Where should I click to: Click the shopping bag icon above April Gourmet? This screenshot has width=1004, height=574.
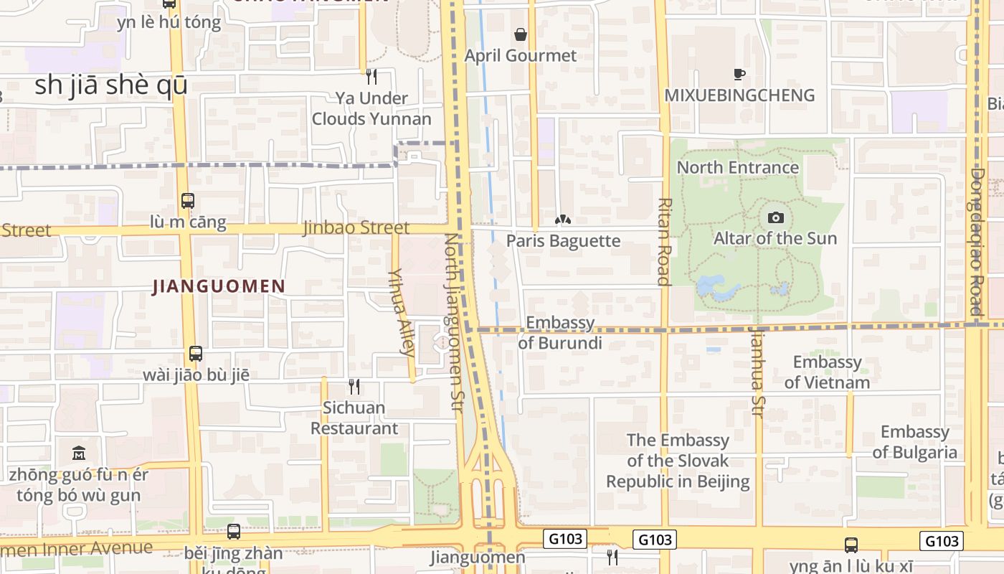click(520, 34)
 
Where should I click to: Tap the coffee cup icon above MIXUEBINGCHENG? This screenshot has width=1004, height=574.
click(739, 74)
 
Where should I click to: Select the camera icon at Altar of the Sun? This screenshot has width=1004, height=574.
click(775, 217)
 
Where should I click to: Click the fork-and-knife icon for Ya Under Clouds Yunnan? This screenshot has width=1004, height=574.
click(371, 76)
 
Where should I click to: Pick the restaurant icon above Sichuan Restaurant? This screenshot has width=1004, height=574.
click(354, 387)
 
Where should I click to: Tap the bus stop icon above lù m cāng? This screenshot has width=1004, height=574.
click(188, 201)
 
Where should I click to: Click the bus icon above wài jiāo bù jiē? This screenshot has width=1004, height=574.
click(196, 353)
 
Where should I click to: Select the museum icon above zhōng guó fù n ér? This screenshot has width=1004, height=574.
click(79, 453)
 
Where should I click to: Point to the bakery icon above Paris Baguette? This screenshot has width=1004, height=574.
click(563, 219)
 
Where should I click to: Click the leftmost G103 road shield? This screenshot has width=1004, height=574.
click(565, 539)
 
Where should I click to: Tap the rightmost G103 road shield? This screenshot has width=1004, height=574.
click(941, 540)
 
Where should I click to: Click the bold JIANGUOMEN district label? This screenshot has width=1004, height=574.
click(219, 286)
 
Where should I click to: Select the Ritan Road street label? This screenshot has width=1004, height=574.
click(664, 241)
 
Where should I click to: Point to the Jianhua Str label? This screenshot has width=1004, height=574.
click(757, 372)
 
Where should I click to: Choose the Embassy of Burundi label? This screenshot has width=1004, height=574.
click(560, 333)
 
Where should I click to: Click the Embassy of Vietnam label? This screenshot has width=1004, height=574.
click(827, 372)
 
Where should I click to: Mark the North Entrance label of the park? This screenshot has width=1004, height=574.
click(738, 167)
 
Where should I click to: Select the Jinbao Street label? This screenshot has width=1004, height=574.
click(356, 227)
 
